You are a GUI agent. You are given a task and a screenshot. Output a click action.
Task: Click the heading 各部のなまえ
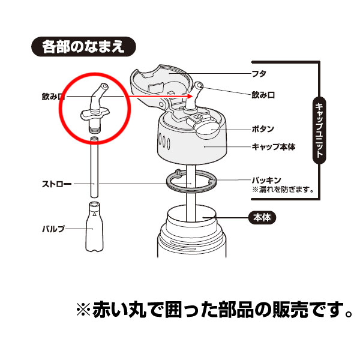click(83, 47)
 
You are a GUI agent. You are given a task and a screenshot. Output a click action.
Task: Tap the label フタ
click(259, 74)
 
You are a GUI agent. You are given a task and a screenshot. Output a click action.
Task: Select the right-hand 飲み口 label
click(263, 95)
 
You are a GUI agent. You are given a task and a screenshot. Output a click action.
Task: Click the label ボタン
click(263, 129)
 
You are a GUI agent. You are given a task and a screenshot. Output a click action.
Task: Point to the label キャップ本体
click(274, 147)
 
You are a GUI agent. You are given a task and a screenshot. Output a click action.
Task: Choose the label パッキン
click(266, 180)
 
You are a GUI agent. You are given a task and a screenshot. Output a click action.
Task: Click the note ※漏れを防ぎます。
click(283, 190)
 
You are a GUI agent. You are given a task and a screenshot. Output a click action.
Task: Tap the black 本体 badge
click(262, 218)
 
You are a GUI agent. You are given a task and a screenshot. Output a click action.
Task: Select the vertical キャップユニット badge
click(319, 130)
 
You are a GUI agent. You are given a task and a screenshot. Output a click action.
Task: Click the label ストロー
click(57, 184)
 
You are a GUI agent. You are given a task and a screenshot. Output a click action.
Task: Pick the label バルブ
click(53, 229)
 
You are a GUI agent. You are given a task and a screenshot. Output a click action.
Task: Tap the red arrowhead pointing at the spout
click(190, 96)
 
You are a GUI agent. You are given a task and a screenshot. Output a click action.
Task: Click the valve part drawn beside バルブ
click(94, 227)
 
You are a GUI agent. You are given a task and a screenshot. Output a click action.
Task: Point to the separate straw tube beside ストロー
click(94, 167)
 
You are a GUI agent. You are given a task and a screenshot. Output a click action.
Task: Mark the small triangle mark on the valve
click(94, 214)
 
